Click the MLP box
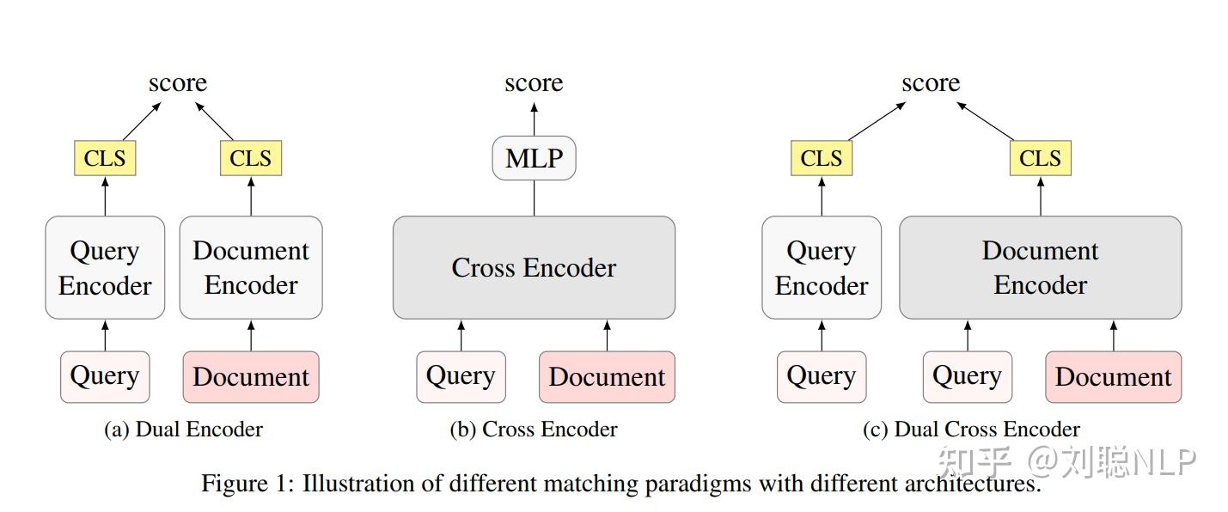[x=534, y=159]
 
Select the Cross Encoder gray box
[x=534, y=267]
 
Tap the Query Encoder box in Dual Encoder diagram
[x=105, y=267]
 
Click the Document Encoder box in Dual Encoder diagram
[x=251, y=267]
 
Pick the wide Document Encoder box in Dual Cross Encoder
[x=1040, y=267]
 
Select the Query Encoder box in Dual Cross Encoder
[x=822, y=267]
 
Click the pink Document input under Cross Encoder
[x=607, y=377]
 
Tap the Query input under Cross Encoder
[x=461, y=377]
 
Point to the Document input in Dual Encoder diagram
[x=251, y=377]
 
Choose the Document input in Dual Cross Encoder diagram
[x=1113, y=377]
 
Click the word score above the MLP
[x=534, y=83]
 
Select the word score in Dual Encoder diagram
[x=178, y=83]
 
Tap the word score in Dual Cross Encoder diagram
[x=931, y=83]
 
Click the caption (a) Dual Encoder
[x=183, y=430]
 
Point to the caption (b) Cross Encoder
[x=534, y=430]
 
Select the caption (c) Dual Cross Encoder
[x=971, y=430]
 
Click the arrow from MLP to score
[x=534, y=119]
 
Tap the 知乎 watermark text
[x=974, y=462]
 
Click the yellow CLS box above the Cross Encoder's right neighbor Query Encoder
[x=822, y=159]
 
